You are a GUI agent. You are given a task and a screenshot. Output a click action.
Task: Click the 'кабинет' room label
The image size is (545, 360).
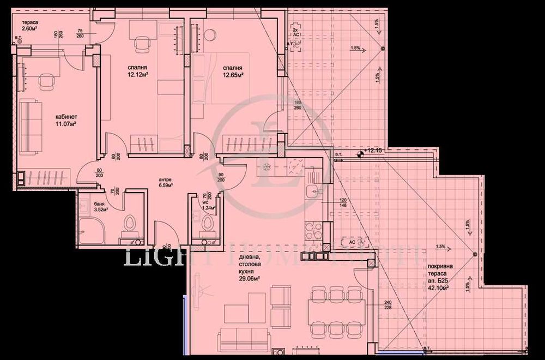(66, 117)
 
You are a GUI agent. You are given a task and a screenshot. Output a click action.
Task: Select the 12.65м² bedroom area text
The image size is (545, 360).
(232, 75)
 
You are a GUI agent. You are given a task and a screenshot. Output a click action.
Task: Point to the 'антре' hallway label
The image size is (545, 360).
(166, 178)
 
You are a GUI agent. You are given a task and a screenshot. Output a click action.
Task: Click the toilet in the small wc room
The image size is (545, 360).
(206, 223)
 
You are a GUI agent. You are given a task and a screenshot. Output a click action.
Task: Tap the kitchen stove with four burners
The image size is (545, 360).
(313, 231)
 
